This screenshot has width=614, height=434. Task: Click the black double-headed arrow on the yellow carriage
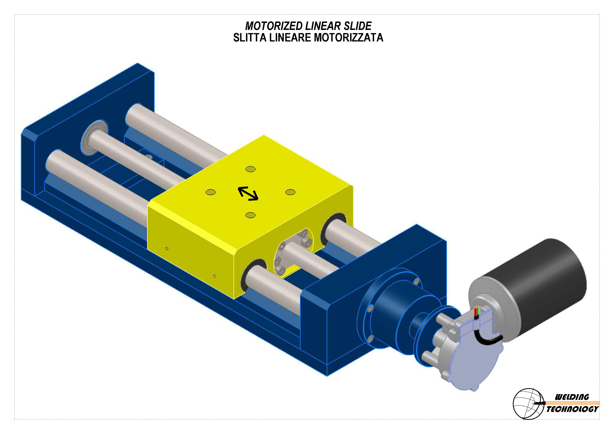click(248, 194)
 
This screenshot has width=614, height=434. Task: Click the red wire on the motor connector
click(475, 312)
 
